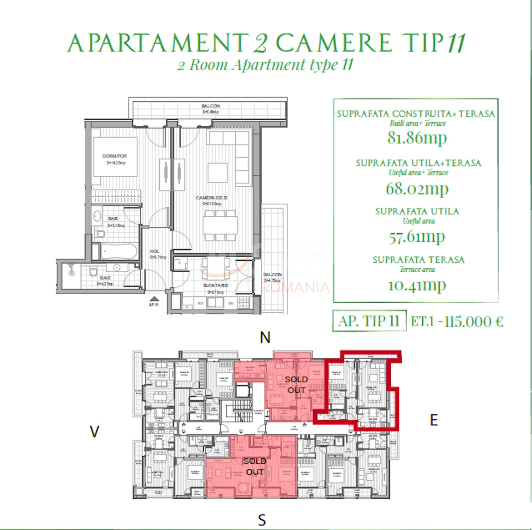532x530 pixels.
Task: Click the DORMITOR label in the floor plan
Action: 114,156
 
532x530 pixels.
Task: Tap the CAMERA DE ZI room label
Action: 211,198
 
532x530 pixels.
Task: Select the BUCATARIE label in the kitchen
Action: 216,286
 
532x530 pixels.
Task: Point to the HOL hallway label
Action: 155,251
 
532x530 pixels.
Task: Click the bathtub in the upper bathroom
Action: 119,252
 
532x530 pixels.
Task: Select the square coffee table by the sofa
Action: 218,172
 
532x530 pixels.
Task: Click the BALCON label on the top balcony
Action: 211,106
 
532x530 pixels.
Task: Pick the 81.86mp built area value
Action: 417,137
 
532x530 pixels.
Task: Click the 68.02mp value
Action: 417,188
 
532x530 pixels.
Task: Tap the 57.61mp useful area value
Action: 417,237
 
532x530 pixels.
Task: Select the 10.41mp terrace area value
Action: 417,285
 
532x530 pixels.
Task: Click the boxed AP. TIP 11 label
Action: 369,321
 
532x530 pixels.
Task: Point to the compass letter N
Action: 265,338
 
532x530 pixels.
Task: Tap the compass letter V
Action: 94,432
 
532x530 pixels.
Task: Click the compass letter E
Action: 434,420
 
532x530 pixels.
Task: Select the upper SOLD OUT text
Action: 296,385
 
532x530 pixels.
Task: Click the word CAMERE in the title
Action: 334,43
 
